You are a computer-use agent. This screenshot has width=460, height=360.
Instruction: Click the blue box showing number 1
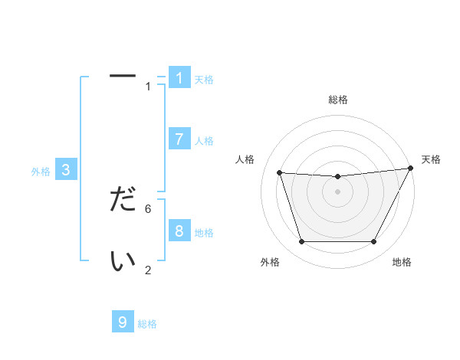(x=179, y=77)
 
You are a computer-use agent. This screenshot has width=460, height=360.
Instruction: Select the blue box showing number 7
(x=179, y=139)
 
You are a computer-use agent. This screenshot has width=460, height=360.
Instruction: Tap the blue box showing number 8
(x=179, y=231)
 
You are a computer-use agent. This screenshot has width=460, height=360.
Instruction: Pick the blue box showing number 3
(x=66, y=170)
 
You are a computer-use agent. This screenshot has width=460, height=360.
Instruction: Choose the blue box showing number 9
(x=123, y=322)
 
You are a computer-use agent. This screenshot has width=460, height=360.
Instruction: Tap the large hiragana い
(x=123, y=261)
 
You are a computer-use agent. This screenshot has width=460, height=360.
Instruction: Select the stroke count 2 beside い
(x=148, y=270)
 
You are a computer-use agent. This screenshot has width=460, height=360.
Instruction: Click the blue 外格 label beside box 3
(x=41, y=172)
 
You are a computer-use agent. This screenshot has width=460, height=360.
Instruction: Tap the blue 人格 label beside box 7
(x=204, y=141)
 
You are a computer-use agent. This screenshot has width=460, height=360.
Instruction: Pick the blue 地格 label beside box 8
(x=204, y=233)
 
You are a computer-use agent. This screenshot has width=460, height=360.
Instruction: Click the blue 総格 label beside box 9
(x=147, y=324)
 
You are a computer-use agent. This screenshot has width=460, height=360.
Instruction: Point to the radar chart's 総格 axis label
(x=338, y=100)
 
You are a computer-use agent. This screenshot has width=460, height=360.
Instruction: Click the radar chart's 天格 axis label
(x=431, y=159)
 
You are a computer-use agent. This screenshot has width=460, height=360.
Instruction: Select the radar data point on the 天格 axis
(x=411, y=169)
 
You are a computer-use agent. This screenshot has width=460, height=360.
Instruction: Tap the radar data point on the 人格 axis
(x=279, y=173)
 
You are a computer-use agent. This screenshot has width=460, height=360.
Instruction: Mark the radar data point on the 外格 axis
(x=301, y=242)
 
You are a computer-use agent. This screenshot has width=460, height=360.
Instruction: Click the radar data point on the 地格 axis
(x=374, y=242)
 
